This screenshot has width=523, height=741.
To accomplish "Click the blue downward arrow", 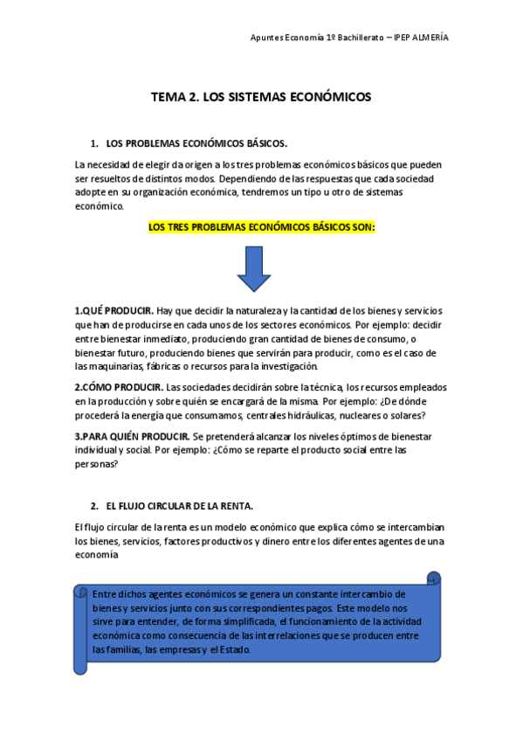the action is pyautogui.click(x=254, y=268).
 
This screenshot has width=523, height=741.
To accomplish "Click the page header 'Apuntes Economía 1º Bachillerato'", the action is pyautogui.click(x=317, y=38).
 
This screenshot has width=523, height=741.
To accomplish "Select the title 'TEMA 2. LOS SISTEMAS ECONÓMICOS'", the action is pyautogui.click(x=261, y=97).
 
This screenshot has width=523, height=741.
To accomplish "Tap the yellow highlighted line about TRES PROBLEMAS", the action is pyautogui.click(x=261, y=227).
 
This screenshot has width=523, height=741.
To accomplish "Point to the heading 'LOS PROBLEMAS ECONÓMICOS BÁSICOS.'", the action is pyautogui.click(x=196, y=143).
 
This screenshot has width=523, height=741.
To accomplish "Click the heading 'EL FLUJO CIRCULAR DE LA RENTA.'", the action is pyautogui.click(x=179, y=506).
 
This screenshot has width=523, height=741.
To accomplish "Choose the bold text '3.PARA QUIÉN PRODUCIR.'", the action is pyautogui.click(x=132, y=436).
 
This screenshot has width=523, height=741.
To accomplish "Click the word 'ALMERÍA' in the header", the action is pyautogui.click(x=431, y=38).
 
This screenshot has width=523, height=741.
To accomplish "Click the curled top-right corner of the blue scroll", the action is pyautogui.click(x=433, y=578).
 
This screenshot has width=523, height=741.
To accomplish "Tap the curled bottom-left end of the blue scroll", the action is pyautogui.click(x=81, y=666).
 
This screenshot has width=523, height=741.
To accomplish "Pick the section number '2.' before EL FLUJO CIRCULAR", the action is pyautogui.click(x=94, y=506).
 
